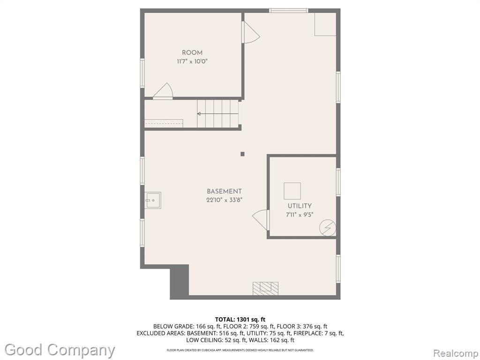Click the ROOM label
[x=192, y=52]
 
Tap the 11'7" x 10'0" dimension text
[x=192, y=61]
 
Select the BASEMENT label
[x=225, y=191]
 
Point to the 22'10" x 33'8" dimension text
[x=225, y=200]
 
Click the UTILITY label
[x=300, y=206]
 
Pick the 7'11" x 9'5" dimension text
[x=300, y=215]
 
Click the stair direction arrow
[x=217, y=114]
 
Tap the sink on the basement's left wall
[x=153, y=200]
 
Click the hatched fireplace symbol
[x=265, y=288]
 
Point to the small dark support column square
[x=242, y=154]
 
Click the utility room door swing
[x=260, y=219]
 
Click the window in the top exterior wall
[x=289, y=11]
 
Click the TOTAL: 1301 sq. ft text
[x=240, y=320]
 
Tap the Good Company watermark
[x=60, y=350]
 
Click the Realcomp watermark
[x=456, y=353]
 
